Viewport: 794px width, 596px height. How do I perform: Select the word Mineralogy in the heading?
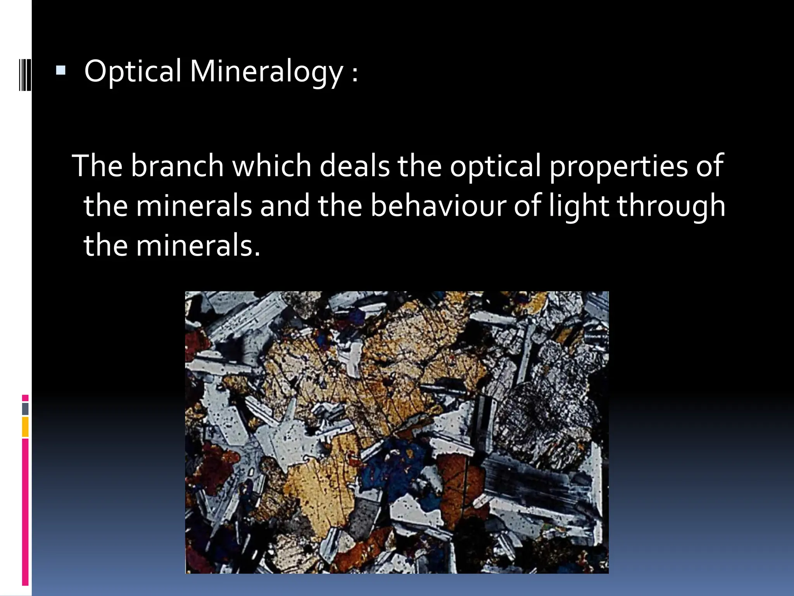266,72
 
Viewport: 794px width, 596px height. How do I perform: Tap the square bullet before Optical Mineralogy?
60,70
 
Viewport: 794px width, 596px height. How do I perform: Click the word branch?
177,166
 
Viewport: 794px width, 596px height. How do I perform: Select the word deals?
354,166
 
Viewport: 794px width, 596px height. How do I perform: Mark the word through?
671,206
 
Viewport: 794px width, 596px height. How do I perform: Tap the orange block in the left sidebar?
25,427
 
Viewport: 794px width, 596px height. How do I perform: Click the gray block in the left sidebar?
25,409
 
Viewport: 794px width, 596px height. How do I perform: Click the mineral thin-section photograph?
397,432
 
